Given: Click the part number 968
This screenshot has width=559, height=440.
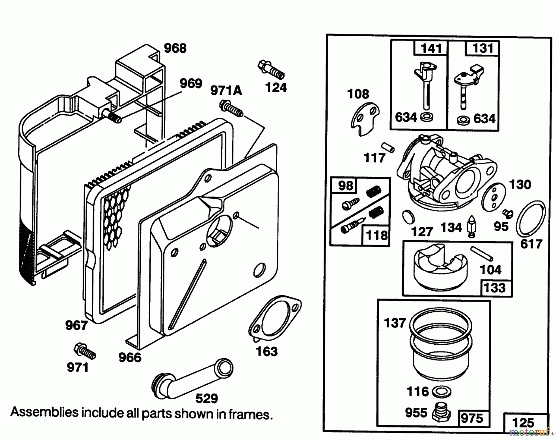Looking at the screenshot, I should [175, 48].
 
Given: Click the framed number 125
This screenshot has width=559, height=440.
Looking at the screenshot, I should [523, 423].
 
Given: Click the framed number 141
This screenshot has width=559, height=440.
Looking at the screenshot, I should [431, 49].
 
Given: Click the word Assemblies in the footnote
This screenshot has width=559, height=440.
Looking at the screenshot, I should [44, 412].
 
